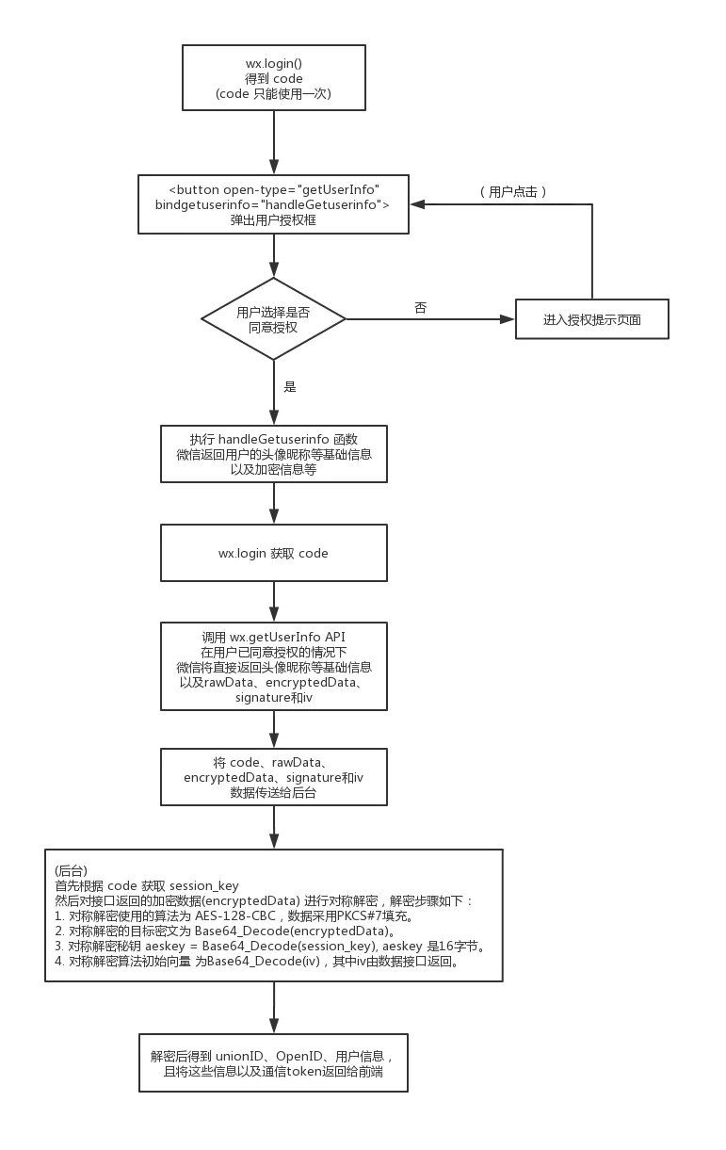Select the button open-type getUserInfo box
[x=273, y=203]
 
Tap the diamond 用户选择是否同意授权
[x=273, y=319]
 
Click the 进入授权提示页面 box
[x=592, y=319]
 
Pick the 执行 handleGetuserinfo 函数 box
[x=273, y=453]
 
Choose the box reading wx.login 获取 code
[x=273, y=553]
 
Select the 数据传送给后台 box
[x=273, y=777]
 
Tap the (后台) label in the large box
[x=72, y=870]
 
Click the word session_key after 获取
[x=204, y=885]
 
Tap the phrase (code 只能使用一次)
[x=273, y=94]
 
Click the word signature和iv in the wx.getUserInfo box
[x=273, y=697]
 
